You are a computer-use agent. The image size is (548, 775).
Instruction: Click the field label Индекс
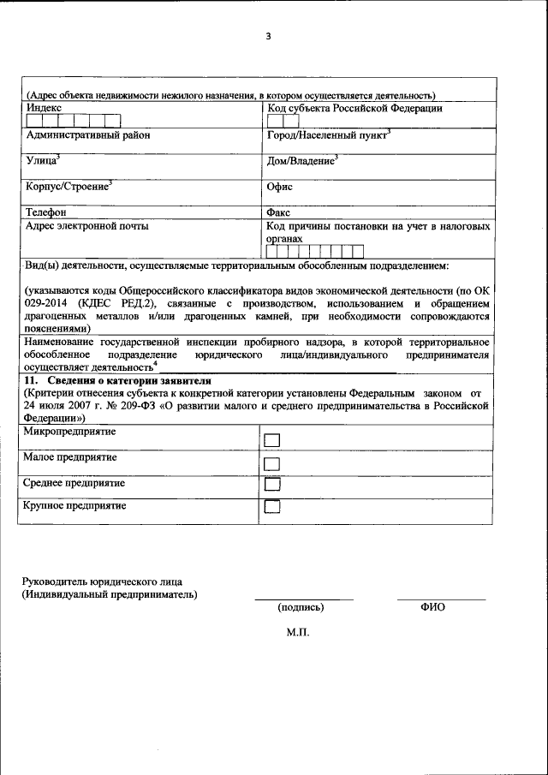coord(44,108)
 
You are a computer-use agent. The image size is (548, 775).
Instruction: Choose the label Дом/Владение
coord(301,160)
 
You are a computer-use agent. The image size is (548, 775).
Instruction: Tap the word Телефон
coord(47,211)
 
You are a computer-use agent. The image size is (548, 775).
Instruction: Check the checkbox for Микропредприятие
coord(272,439)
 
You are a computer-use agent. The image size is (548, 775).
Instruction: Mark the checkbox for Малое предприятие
coord(272,463)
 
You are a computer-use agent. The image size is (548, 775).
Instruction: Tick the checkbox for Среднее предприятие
coord(272,485)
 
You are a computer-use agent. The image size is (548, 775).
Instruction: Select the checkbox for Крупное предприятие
coord(272,507)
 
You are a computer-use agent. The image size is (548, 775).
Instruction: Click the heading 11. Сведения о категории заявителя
coord(116,379)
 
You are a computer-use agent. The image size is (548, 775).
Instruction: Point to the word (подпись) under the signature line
coord(301,607)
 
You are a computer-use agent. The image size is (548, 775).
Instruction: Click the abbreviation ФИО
coord(432,607)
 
